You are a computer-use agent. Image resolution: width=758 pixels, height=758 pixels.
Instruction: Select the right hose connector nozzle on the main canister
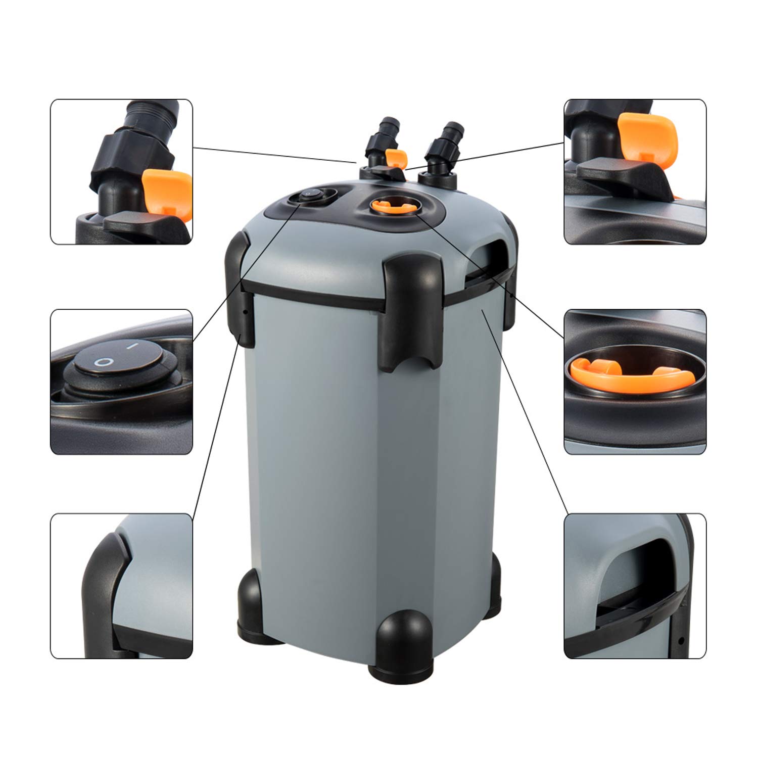(x=444, y=140)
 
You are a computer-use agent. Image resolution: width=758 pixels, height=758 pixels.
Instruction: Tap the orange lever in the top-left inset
(x=167, y=191)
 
